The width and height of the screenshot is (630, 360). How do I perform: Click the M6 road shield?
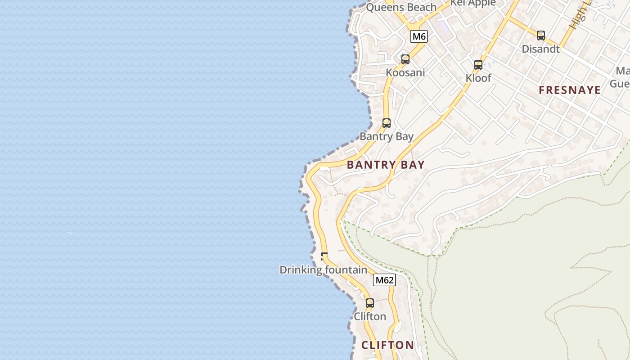418,36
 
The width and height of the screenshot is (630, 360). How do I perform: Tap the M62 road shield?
384,280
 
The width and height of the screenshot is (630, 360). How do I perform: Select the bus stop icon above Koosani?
405,59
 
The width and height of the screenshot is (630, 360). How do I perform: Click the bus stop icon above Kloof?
478,65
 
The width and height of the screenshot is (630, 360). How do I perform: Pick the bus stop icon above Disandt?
541,36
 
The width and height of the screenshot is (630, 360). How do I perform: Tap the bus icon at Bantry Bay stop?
387,123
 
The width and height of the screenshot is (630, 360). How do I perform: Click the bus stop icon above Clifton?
370,303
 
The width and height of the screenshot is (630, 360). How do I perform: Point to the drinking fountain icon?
324,256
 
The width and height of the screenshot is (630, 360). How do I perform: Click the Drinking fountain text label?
323,270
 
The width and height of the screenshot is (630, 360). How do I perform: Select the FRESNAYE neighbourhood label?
570,90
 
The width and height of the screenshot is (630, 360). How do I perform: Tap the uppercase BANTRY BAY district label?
386,165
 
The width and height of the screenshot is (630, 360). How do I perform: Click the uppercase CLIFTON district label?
387,345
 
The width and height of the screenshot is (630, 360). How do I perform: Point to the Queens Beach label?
401,7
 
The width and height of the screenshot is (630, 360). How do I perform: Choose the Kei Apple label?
473,3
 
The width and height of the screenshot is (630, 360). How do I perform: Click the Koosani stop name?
405,72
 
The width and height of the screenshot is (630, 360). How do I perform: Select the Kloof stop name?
478,78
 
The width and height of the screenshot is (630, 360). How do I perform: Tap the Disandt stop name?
540,49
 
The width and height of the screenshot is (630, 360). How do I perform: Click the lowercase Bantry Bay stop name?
386,136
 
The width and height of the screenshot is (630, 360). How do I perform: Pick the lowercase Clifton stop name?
370,316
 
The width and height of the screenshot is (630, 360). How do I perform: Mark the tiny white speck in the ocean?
70,233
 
